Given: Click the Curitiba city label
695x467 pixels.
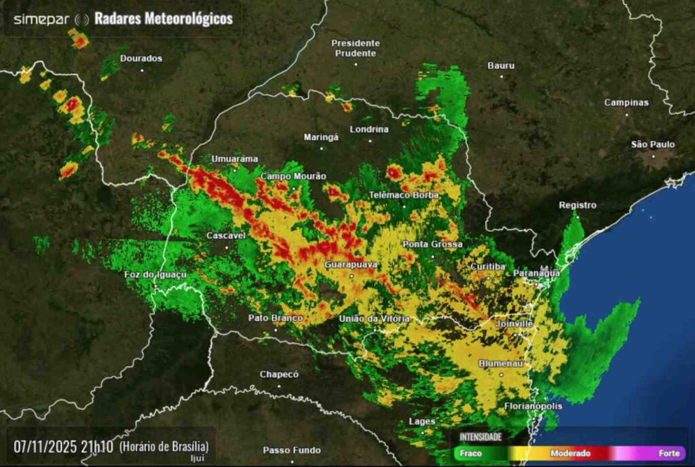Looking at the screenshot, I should point(487,267).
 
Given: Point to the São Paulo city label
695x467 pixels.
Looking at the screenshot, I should point(653,144).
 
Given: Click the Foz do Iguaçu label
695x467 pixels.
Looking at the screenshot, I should point(155,274).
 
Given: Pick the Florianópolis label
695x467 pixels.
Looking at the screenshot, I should point(533,406).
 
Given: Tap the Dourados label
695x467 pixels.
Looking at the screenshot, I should point(141,58).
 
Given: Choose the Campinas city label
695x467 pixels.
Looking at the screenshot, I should point(626,102).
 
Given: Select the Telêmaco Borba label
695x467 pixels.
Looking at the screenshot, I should point(404,195).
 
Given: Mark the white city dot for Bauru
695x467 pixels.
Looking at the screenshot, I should point(502,76).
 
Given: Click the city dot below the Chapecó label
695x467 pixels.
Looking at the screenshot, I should point(279,386).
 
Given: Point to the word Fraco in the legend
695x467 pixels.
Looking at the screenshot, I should point(470,453).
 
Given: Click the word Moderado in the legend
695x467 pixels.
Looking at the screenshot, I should point(570,453).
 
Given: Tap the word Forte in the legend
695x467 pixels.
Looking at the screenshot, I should point(669,453).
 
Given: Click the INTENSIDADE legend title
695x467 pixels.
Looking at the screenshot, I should point(481,436).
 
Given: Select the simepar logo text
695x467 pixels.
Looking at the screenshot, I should point(41,19).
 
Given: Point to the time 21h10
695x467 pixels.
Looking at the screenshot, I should point(97,447).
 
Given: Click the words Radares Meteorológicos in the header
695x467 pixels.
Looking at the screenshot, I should point(163,19).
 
